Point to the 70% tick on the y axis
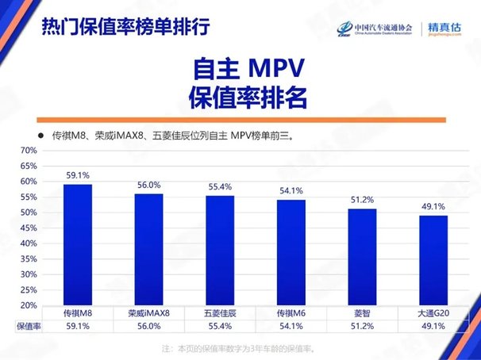tap(29, 150)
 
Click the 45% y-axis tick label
tap(29, 228)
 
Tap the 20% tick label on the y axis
tap(29, 305)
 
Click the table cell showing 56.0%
tap(148, 325)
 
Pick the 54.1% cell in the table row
tap(291, 325)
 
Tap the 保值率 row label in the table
tap(28, 325)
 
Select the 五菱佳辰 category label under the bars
tap(220, 312)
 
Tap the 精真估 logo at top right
tap(444, 28)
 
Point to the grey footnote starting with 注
tap(238, 348)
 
